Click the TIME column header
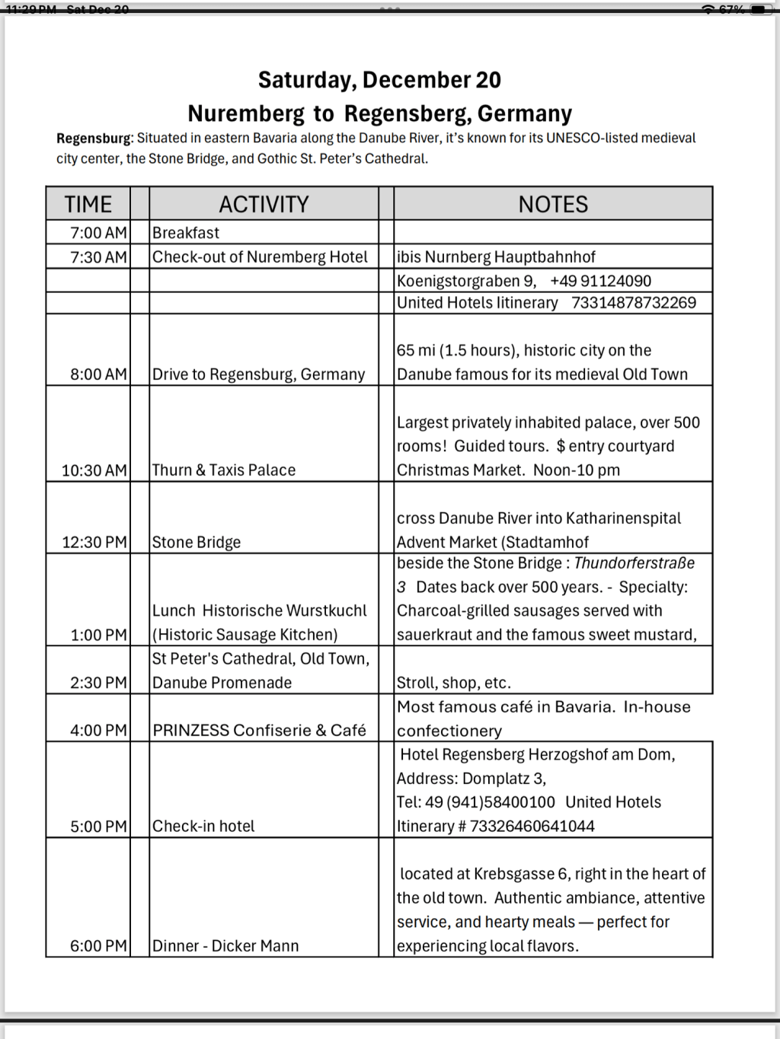[88, 204]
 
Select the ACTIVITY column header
[264, 204]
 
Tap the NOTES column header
[553, 204]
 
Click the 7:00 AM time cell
[98, 233]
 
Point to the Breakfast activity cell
[186, 233]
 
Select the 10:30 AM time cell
[94, 470]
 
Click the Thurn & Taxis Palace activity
[224, 470]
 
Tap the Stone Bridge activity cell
[197, 542]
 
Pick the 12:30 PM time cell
[94, 542]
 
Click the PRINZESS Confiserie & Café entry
[259, 730]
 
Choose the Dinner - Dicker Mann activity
[225, 945]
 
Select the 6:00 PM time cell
[98, 945]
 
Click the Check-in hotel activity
[203, 826]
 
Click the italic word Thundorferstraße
[634, 563]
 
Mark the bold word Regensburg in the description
[94, 139]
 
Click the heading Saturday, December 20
[379, 80]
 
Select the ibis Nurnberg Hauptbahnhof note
[496, 257]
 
